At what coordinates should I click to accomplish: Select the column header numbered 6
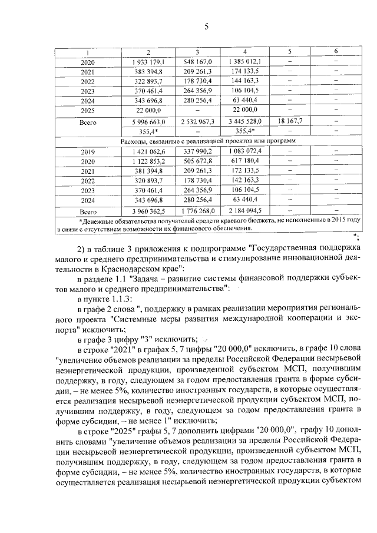point(335,51)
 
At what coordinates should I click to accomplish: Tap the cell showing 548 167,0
point(197,61)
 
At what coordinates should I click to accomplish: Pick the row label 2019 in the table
point(87,151)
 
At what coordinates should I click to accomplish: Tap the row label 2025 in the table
point(87,110)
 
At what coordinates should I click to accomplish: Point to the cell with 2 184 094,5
point(244,210)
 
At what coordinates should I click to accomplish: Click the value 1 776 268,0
point(197,210)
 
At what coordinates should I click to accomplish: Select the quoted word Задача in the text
point(153,278)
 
